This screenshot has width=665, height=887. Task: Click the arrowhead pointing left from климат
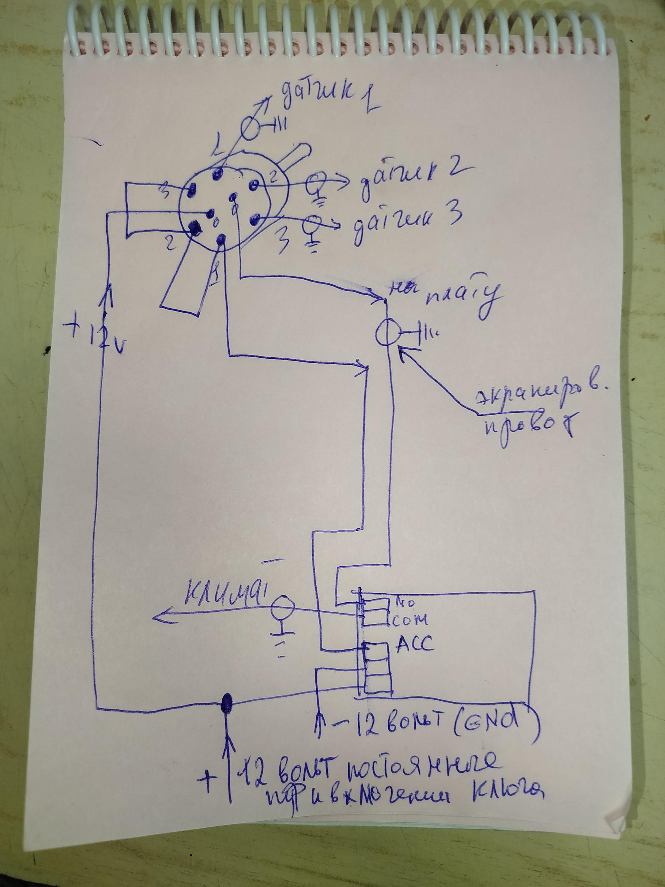[158, 627]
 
